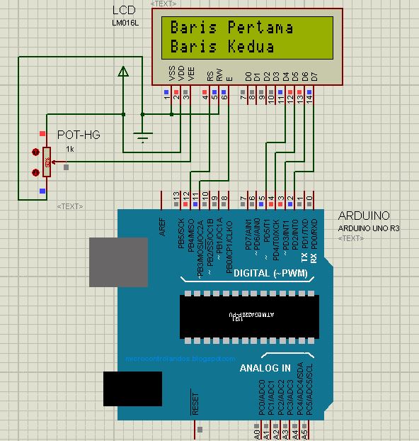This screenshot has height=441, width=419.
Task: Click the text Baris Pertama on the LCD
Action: point(231,28)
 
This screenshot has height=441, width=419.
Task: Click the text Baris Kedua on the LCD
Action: point(222,47)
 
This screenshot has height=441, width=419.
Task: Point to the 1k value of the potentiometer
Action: point(70,149)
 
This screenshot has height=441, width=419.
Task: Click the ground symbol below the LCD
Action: point(143,137)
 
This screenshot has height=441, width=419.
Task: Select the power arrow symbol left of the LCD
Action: point(123,71)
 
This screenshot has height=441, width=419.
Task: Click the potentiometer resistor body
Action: point(47,162)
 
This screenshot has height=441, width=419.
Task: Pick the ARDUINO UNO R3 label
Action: point(367,228)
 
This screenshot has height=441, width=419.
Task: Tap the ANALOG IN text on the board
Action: point(265,369)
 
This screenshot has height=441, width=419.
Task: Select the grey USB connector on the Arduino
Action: point(117,262)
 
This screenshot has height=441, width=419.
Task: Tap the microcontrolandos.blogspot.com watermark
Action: point(174,359)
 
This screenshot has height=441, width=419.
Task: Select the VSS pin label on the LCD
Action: point(171,73)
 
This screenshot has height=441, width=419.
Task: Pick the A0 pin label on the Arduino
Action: point(256,431)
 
